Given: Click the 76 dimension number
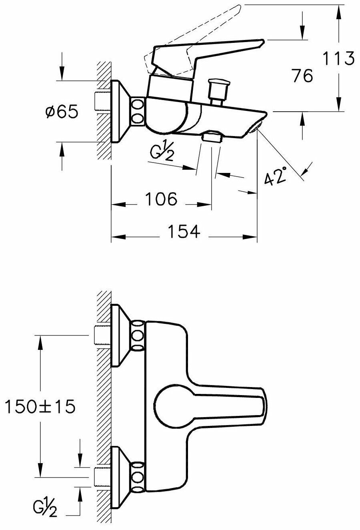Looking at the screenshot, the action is coord(303,76).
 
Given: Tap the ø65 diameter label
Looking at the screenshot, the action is coord(62,111).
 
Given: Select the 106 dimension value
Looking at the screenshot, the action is coord(161,199).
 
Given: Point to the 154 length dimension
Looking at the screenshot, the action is coord(184,232).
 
